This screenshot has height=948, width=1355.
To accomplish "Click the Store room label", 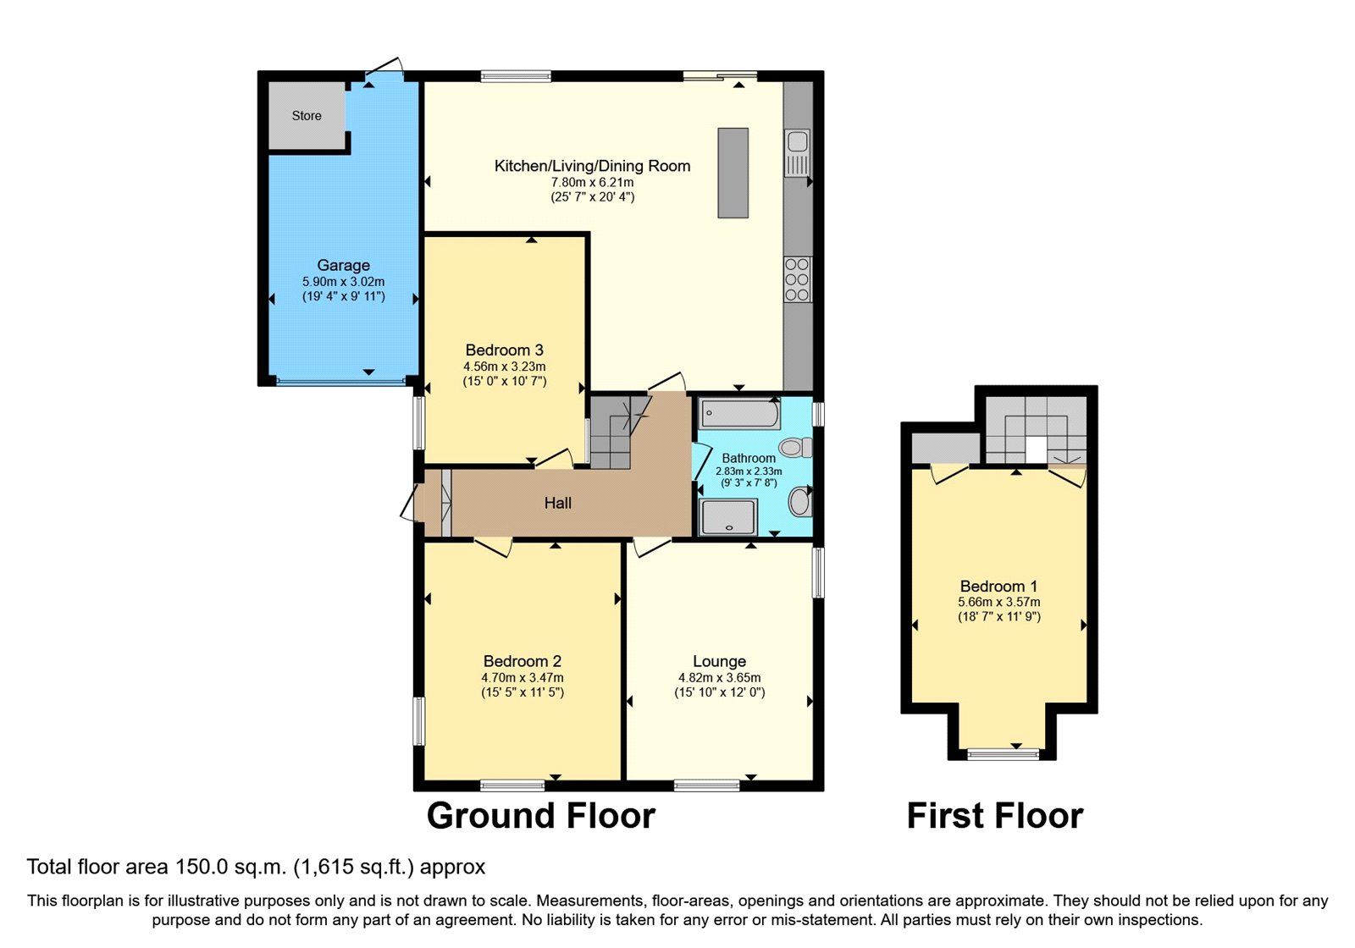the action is (306, 115).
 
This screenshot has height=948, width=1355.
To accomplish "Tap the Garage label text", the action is (343, 266).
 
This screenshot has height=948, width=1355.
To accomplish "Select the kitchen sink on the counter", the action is (797, 153).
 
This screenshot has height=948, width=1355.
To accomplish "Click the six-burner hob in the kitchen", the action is (797, 279).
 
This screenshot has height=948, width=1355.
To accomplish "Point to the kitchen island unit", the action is (733, 173).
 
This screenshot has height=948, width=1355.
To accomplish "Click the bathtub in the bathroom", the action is (739, 413).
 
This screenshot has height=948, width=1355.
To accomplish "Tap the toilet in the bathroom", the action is (795, 448).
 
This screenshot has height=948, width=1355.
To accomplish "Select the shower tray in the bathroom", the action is (727, 517).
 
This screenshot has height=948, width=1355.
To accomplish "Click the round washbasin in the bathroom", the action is (799, 502).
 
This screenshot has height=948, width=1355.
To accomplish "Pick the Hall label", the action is (557, 503).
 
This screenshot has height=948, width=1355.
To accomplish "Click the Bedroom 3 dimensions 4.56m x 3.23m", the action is (505, 367).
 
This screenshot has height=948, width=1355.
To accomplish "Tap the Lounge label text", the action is (719, 661).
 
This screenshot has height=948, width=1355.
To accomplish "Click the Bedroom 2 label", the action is (522, 661).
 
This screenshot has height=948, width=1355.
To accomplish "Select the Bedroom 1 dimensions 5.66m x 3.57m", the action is (998, 602).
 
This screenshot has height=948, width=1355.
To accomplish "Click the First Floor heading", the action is (994, 816).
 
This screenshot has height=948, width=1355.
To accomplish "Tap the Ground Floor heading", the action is (541, 816).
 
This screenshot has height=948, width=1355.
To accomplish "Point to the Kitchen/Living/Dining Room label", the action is (592, 166).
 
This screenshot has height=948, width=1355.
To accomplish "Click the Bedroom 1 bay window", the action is (1003, 753).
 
